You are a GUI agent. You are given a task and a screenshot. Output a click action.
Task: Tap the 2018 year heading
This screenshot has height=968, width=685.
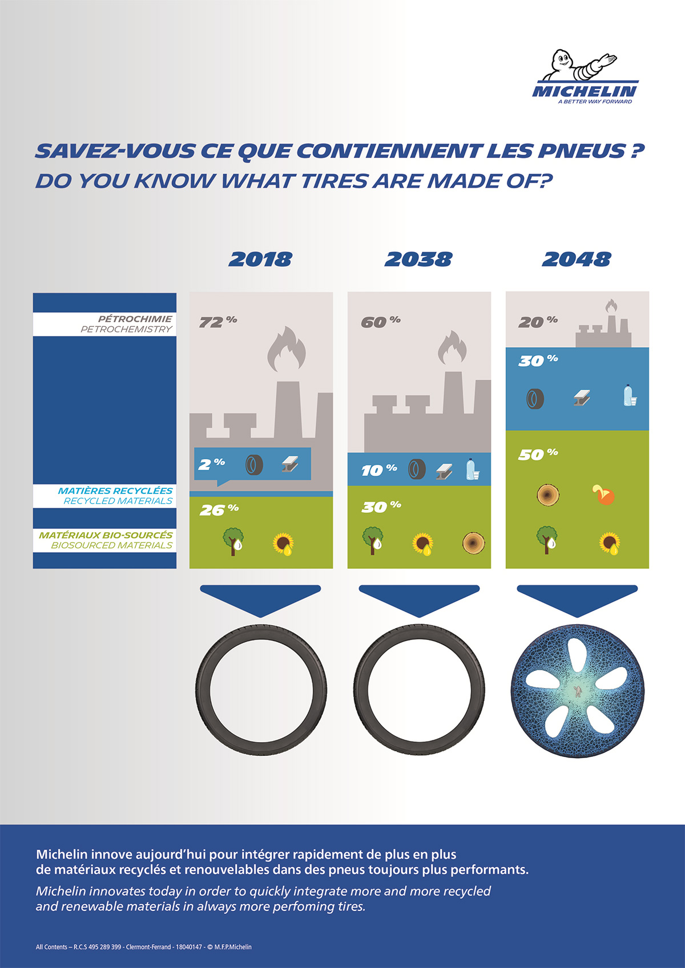[x=260, y=260]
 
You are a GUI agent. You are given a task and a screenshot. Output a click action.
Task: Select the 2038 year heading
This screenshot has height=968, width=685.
[x=418, y=260]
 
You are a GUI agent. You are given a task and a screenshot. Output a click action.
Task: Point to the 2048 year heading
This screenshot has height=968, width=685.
[x=577, y=260]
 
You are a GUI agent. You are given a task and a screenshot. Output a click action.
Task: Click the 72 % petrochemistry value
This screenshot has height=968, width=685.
[x=218, y=322]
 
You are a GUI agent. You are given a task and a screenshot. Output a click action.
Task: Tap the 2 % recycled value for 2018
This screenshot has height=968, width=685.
[x=211, y=464]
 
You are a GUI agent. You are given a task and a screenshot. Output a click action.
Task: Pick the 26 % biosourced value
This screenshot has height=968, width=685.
[x=219, y=509]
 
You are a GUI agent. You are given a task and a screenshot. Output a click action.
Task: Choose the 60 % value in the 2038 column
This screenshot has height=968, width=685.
[x=381, y=322]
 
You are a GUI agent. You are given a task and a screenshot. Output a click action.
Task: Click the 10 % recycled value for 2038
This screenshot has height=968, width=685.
[x=379, y=469]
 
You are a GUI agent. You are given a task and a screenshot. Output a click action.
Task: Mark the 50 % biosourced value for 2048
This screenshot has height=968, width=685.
[x=538, y=454]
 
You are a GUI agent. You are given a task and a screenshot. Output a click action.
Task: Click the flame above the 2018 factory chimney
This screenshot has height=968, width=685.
[x=287, y=349]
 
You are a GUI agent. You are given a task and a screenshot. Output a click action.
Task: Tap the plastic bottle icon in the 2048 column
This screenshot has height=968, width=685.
[x=629, y=395]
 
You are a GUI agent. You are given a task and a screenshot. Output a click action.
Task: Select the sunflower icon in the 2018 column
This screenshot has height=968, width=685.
[x=283, y=544]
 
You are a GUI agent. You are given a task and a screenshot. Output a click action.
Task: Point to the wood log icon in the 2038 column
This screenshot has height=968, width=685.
[x=474, y=542]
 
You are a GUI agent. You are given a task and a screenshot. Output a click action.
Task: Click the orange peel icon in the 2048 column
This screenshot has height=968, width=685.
[x=603, y=495]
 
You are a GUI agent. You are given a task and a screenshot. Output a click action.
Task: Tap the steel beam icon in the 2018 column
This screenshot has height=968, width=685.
[x=290, y=464]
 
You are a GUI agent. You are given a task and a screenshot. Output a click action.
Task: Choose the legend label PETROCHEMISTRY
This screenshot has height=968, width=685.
[x=126, y=329]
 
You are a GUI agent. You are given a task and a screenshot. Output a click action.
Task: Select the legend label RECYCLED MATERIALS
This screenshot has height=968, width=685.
[x=118, y=501]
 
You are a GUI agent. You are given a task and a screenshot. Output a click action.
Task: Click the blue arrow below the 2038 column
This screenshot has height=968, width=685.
[x=419, y=600]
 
